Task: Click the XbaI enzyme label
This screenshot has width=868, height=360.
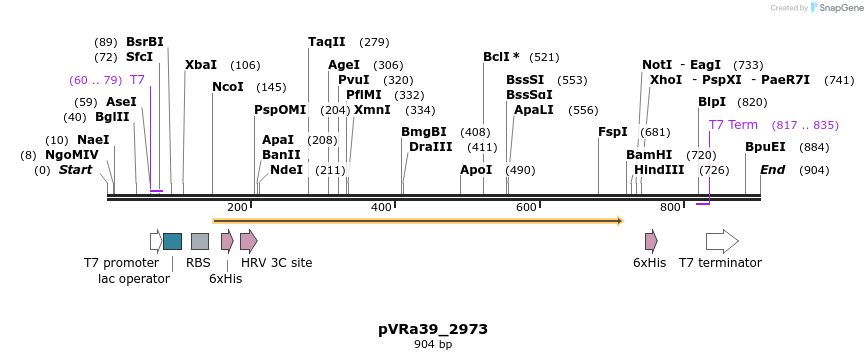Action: (200, 65)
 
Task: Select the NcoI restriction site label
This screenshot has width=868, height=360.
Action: (227, 87)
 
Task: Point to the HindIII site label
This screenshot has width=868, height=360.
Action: (659, 170)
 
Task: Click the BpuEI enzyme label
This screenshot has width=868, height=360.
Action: (765, 147)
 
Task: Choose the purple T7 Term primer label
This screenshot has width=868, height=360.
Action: (733, 125)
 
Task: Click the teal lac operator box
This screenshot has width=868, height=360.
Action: (172, 241)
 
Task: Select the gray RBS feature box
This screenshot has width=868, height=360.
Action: (200, 241)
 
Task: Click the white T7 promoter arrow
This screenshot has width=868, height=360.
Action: (156, 241)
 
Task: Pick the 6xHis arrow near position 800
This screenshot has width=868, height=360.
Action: (651, 241)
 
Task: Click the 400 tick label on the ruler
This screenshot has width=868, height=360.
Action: (381, 207)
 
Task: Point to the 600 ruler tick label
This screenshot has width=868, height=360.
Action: (526, 207)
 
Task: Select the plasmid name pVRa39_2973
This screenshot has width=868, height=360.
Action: (433, 328)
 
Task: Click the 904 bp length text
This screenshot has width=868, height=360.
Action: (433, 345)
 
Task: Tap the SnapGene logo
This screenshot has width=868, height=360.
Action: (836, 7)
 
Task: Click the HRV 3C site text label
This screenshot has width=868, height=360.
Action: (276, 263)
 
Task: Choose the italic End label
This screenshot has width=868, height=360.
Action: (772, 170)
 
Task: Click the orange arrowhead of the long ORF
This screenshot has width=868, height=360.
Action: (620, 220)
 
